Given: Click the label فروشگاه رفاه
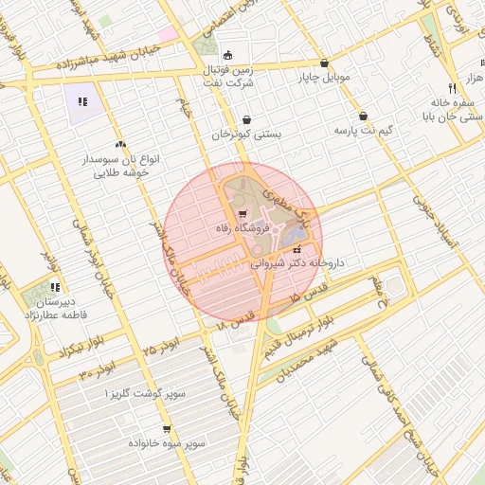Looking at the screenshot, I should click(x=244, y=228).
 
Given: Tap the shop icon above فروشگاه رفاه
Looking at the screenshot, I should click(x=243, y=213).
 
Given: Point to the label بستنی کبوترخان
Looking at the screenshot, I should click(x=246, y=135).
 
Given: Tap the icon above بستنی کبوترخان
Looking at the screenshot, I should click(x=246, y=120).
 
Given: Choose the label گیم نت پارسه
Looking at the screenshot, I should click(x=362, y=131).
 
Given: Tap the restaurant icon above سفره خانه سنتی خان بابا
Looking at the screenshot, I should click(x=454, y=85).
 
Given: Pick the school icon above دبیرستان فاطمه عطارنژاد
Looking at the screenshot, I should click(x=55, y=287).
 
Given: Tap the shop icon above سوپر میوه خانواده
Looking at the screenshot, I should click(x=167, y=428).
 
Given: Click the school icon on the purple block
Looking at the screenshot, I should click(x=82, y=101).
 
